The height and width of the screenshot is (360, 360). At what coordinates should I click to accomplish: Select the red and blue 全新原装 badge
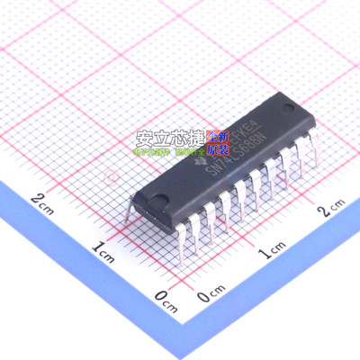(x=217, y=143)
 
